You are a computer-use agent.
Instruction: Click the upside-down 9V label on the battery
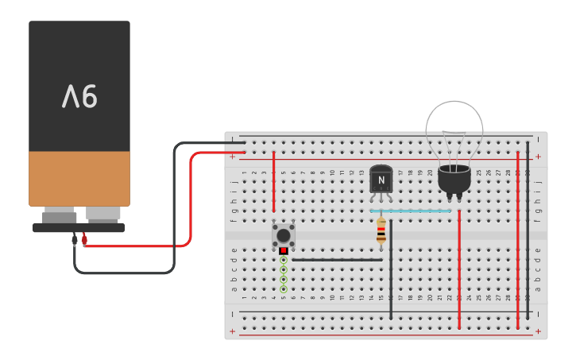point(79,97)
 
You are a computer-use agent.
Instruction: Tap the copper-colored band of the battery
point(79,179)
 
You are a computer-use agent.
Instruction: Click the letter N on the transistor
point(381,180)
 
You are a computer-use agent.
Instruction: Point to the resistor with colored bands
point(381,230)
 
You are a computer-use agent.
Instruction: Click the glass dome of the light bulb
point(454,131)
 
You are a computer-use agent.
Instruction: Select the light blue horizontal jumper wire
point(411,211)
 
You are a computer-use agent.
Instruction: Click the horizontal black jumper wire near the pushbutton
point(337,259)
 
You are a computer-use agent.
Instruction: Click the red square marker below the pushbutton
point(284,250)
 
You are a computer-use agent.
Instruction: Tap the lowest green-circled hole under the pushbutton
point(284,289)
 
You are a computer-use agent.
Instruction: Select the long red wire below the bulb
point(459,270)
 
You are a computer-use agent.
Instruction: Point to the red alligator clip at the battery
point(84,238)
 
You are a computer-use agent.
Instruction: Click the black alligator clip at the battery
point(75,238)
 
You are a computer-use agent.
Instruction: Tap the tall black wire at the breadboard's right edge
point(528,230)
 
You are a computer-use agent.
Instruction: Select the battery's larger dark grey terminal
point(60,216)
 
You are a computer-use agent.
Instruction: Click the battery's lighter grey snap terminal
point(103,214)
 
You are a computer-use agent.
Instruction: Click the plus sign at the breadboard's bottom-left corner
point(232,331)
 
